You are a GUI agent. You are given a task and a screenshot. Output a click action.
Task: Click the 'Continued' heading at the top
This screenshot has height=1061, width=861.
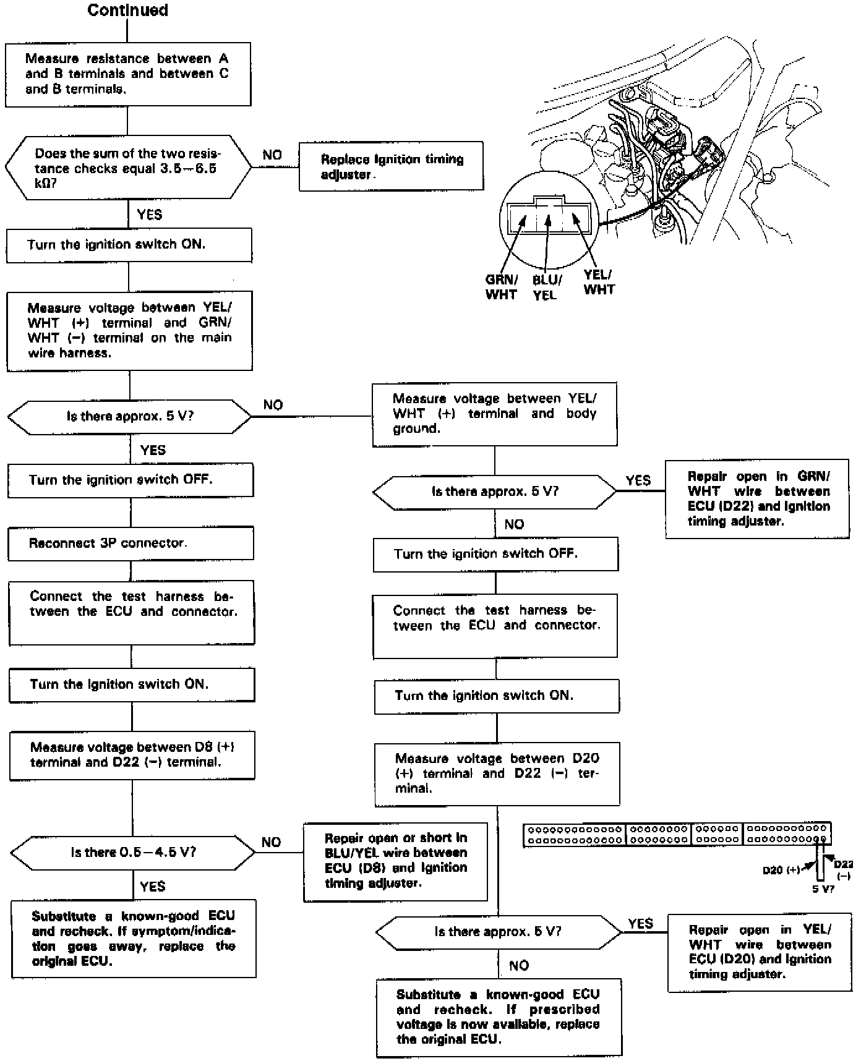(127, 11)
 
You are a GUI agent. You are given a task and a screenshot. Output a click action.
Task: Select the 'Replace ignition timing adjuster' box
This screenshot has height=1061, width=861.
(391, 167)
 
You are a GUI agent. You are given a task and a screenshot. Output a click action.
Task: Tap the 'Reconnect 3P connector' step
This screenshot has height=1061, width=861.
(131, 543)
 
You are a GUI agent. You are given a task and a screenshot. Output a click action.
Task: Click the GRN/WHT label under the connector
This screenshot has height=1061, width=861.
(501, 287)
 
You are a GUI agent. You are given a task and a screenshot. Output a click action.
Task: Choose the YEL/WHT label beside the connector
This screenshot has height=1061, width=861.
(599, 282)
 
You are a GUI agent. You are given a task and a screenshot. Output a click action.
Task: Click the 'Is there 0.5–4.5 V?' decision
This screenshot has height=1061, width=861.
(133, 853)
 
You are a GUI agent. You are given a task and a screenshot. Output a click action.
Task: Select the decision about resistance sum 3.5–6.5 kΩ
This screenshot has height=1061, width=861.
(128, 168)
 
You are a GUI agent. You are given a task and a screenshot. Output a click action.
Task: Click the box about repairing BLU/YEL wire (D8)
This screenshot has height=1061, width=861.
(395, 861)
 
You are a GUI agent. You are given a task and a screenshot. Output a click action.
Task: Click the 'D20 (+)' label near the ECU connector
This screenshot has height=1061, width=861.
(781, 870)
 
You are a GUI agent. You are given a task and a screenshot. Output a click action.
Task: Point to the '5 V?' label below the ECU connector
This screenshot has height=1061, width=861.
(823, 888)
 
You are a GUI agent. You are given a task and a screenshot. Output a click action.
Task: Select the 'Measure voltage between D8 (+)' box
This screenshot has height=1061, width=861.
(132, 755)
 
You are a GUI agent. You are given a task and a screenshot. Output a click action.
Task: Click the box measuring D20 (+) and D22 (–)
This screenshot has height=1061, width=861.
(497, 773)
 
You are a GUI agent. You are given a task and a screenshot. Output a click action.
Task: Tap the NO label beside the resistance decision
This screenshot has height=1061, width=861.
(272, 155)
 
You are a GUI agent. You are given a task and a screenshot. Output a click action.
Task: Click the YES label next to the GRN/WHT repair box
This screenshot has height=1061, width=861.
(638, 480)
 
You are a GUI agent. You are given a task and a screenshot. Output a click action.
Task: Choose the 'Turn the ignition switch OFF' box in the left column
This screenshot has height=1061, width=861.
(131, 480)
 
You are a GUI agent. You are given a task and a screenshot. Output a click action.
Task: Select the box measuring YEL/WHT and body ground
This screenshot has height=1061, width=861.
(494, 414)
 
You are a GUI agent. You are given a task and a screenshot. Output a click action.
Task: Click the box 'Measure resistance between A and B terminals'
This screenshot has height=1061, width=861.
(127, 74)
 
